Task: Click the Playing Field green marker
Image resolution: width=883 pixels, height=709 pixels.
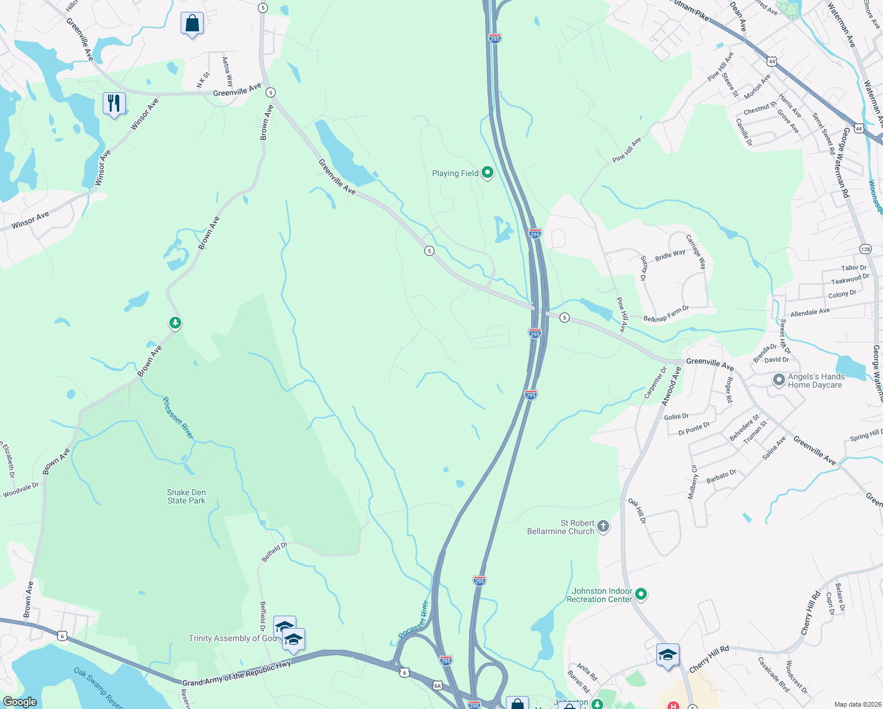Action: click(x=488, y=173)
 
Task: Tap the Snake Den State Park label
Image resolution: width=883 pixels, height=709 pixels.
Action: click(x=187, y=496)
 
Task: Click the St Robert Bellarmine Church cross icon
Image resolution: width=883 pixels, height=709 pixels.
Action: click(x=603, y=526)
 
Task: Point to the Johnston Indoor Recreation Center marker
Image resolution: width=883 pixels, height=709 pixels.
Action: click(x=641, y=594)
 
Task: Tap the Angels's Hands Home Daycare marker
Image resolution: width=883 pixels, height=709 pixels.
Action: click(x=779, y=379)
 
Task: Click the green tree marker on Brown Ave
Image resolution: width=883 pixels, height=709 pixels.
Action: click(x=175, y=323)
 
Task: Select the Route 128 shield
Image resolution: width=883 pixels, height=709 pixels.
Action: click(x=865, y=249)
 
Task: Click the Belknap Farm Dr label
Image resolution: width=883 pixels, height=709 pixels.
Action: click(x=666, y=314)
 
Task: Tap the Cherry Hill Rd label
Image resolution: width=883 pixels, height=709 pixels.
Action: click(x=709, y=659)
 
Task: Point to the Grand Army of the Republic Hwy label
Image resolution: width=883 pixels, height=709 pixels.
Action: click(x=237, y=674)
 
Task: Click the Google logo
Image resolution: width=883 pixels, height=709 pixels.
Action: click(x=19, y=702)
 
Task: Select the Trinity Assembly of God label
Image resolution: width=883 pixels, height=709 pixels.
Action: click(x=232, y=638)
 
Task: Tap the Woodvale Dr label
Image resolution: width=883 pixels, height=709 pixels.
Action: click(x=21, y=490)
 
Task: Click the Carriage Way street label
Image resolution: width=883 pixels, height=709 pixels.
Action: click(x=696, y=252)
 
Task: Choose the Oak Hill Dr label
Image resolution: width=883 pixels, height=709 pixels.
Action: click(x=637, y=511)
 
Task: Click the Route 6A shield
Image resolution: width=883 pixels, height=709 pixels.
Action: click(x=437, y=685)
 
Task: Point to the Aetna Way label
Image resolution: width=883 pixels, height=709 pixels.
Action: click(x=227, y=71)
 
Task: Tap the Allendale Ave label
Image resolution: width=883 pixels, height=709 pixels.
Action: click(x=810, y=312)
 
